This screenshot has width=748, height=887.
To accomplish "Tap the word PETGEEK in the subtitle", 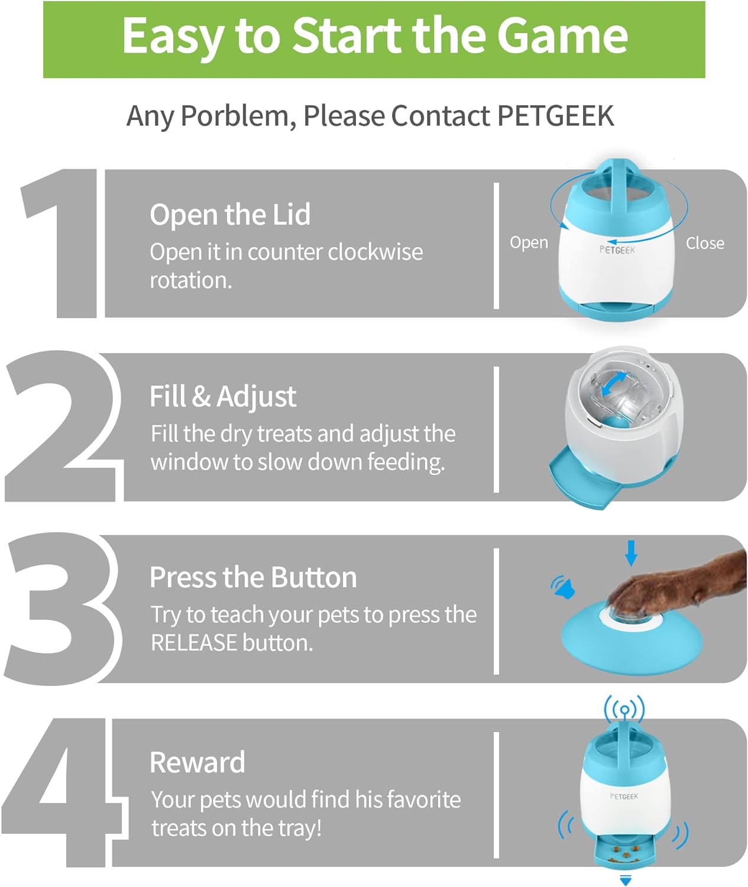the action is [556, 115].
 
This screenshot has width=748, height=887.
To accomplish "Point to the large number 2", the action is [64, 426].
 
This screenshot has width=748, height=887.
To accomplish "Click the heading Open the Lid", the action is [230, 215].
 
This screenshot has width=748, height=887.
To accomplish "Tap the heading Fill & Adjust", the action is [223, 397].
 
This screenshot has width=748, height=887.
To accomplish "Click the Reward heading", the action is [197, 763].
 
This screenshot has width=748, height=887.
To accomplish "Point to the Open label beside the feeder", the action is [529, 243].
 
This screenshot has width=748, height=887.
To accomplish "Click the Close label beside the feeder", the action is [705, 244].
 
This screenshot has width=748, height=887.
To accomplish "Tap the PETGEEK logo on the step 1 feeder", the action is [617, 250].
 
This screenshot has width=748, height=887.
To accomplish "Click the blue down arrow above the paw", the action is [632, 553].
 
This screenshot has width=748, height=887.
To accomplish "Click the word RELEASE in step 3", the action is [194, 643].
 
